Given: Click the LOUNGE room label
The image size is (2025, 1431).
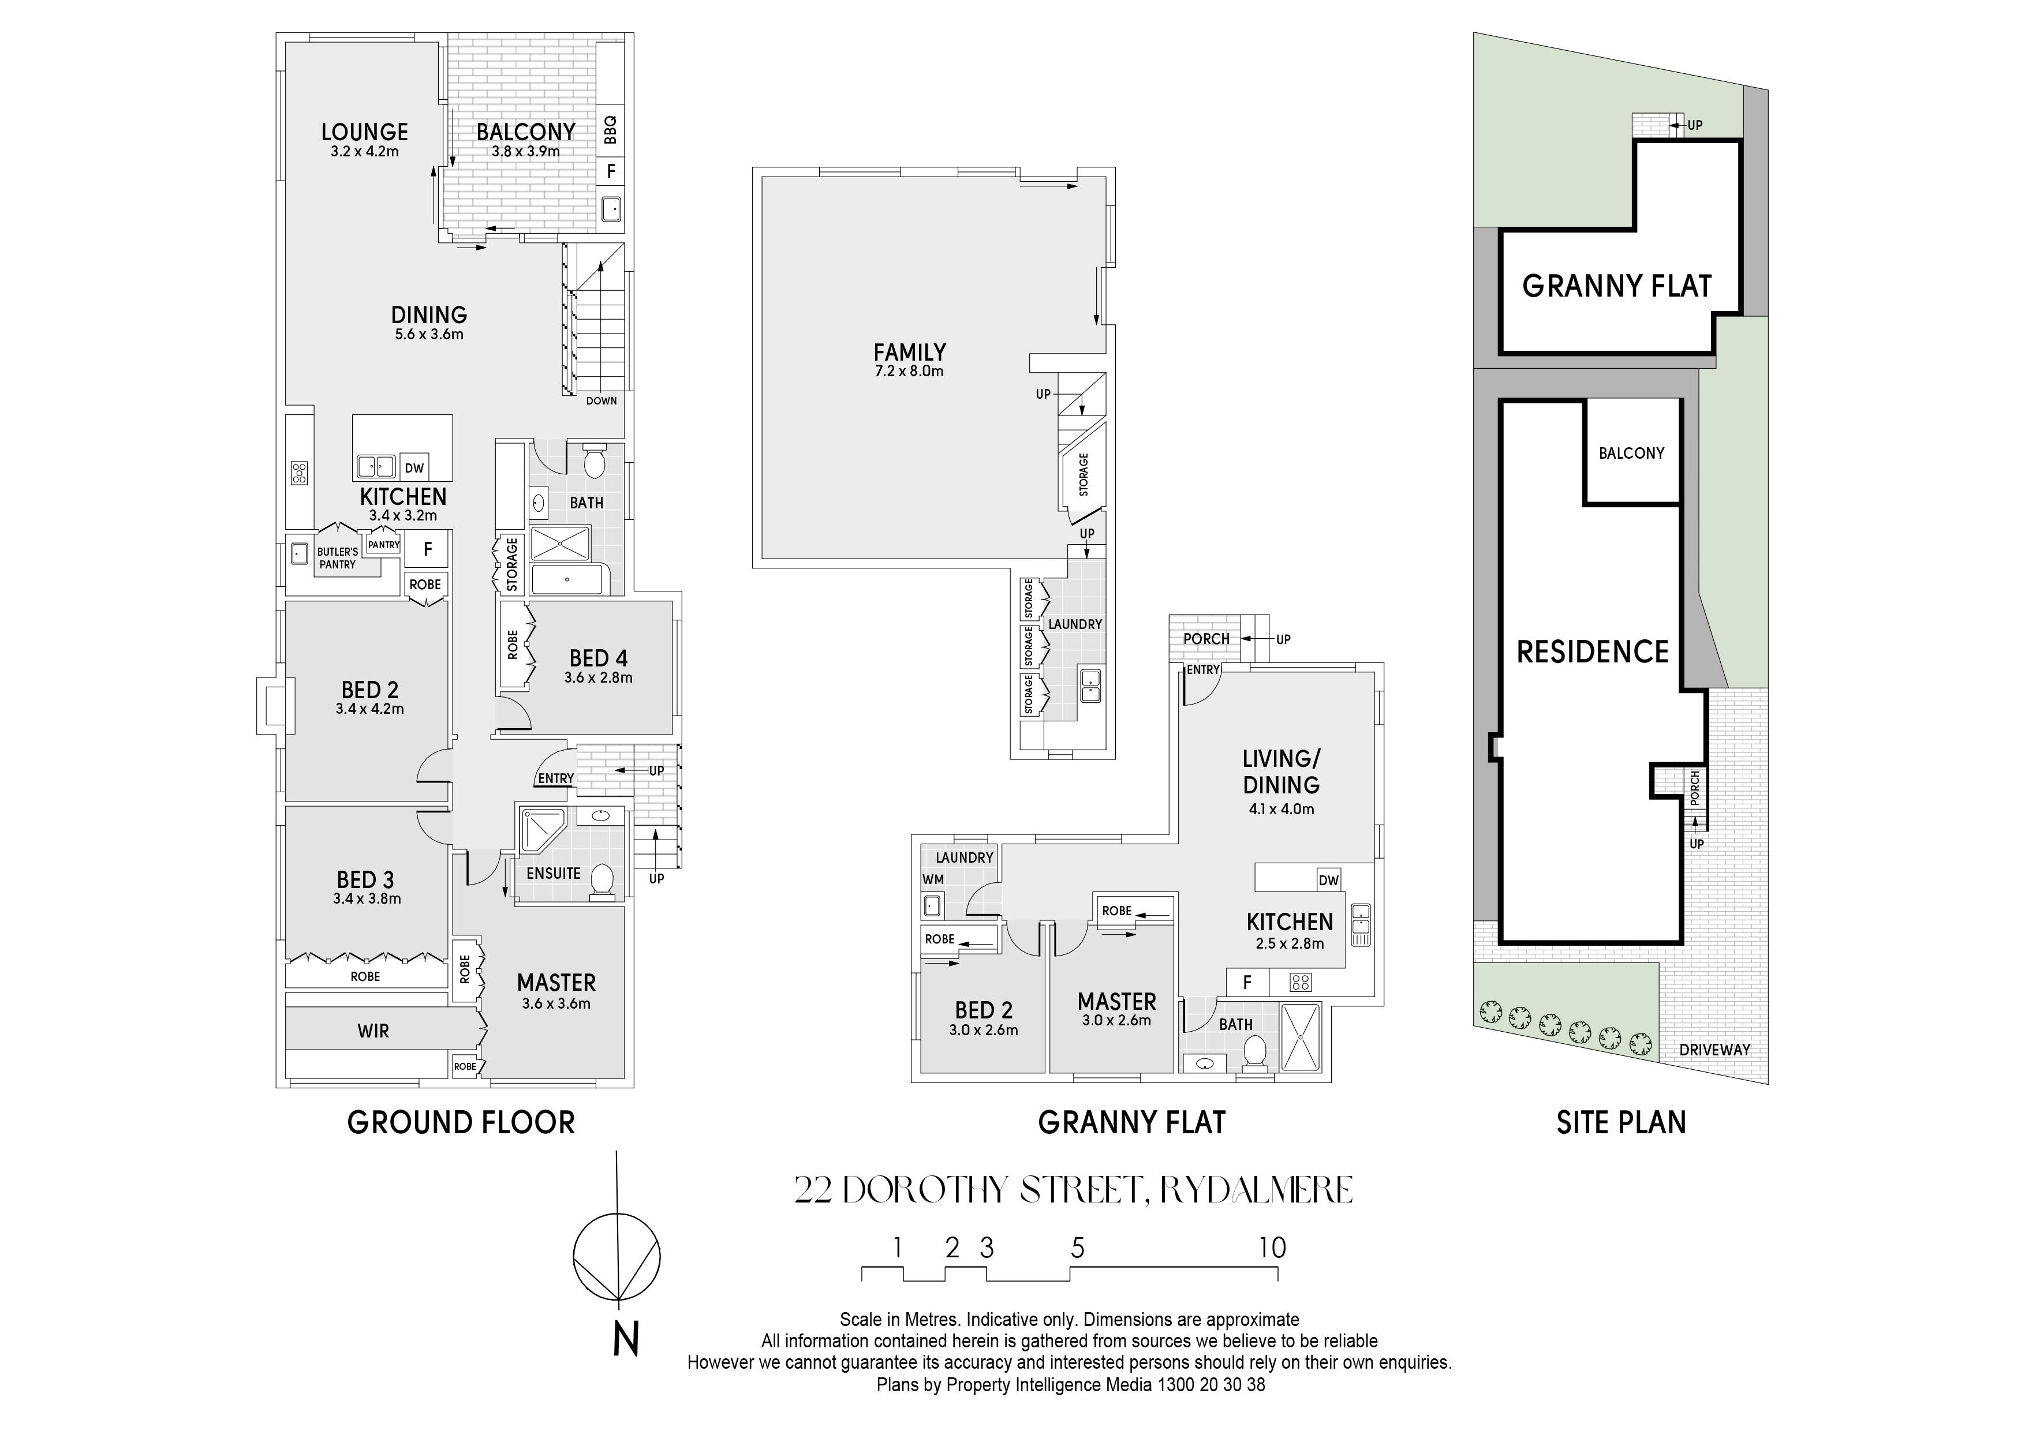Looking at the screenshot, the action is coord(364,132).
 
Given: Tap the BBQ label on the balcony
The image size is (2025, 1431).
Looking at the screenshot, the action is coord(610,130).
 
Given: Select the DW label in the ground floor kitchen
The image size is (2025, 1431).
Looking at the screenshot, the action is coord(414,468).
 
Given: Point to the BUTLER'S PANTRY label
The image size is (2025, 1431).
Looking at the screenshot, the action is coord(338,558).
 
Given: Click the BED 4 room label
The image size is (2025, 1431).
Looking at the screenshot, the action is coord(598,658).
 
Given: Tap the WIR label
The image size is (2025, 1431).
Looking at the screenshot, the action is coord(373,1031).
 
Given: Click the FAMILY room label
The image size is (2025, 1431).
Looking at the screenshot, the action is coord(909,353).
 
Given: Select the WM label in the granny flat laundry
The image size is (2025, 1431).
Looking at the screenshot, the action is coord(933,879).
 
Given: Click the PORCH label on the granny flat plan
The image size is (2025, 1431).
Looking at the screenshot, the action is coord(1206,638).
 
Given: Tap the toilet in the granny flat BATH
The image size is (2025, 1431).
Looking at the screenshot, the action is coord(1253,1052).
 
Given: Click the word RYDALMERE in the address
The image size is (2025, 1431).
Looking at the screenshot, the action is coord(1256,1190).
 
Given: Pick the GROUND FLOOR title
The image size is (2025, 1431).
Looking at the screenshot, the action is coord(461,1122).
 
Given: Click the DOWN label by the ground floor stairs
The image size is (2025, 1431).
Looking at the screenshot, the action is coord(601,401).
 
